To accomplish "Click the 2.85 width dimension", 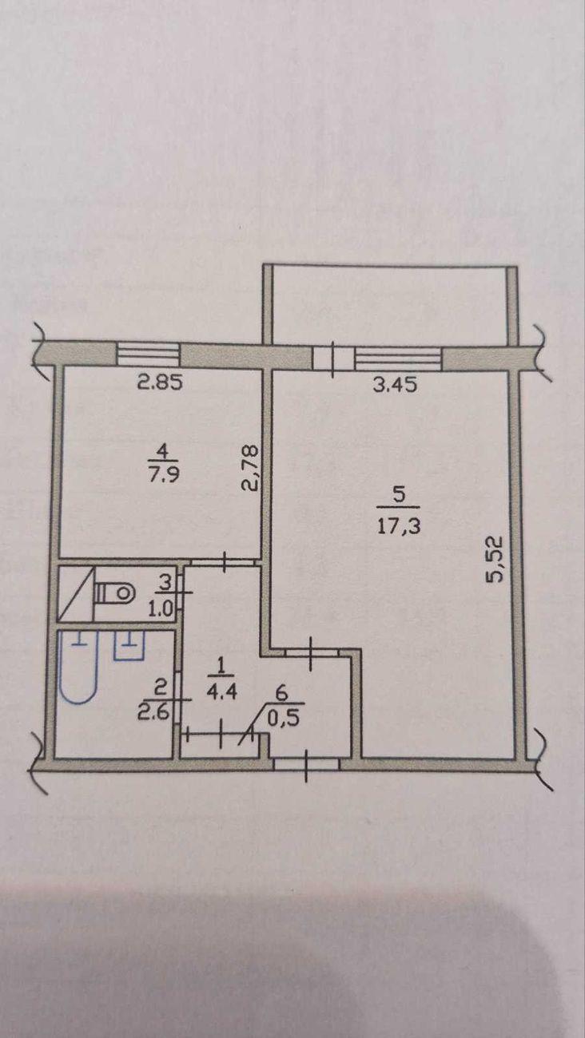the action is click(x=160, y=383).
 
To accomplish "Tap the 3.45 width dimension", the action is click(x=395, y=385).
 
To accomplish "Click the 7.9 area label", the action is click(x=164, y=475).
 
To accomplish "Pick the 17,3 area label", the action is click(x=399, y=526).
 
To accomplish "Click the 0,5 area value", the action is click(x=285, y=718).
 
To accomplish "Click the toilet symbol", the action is click(x=114, y=592).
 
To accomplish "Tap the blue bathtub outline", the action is click(x=79, y=667).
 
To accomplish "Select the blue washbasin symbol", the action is click(x=129, y=645).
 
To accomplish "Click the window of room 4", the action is click(x=147, y=354).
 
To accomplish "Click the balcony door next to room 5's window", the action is click(x=334, y=359).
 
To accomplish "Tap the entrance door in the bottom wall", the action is click(x=307, y=764).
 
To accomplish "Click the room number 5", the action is click(x=399, y=495).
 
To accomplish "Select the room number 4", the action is click(x=162, y=449).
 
